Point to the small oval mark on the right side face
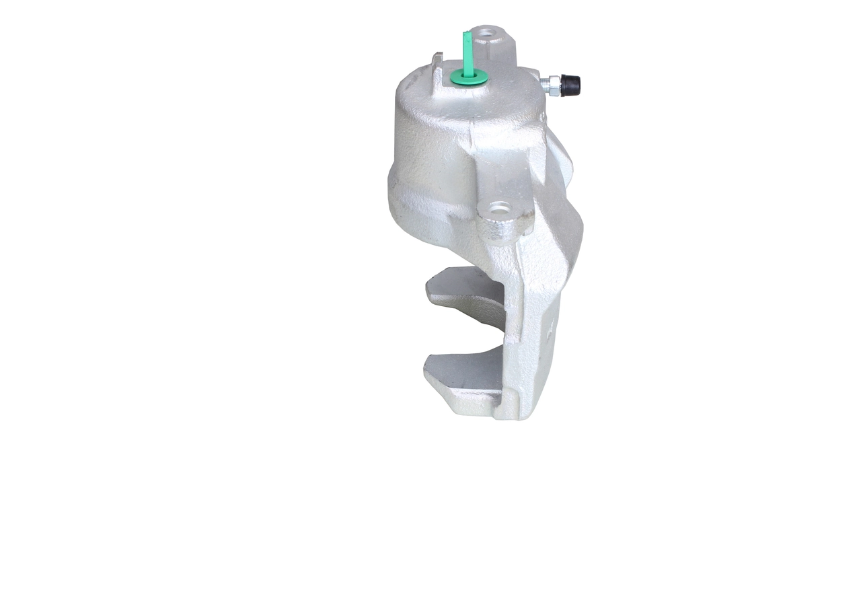(550, 330)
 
